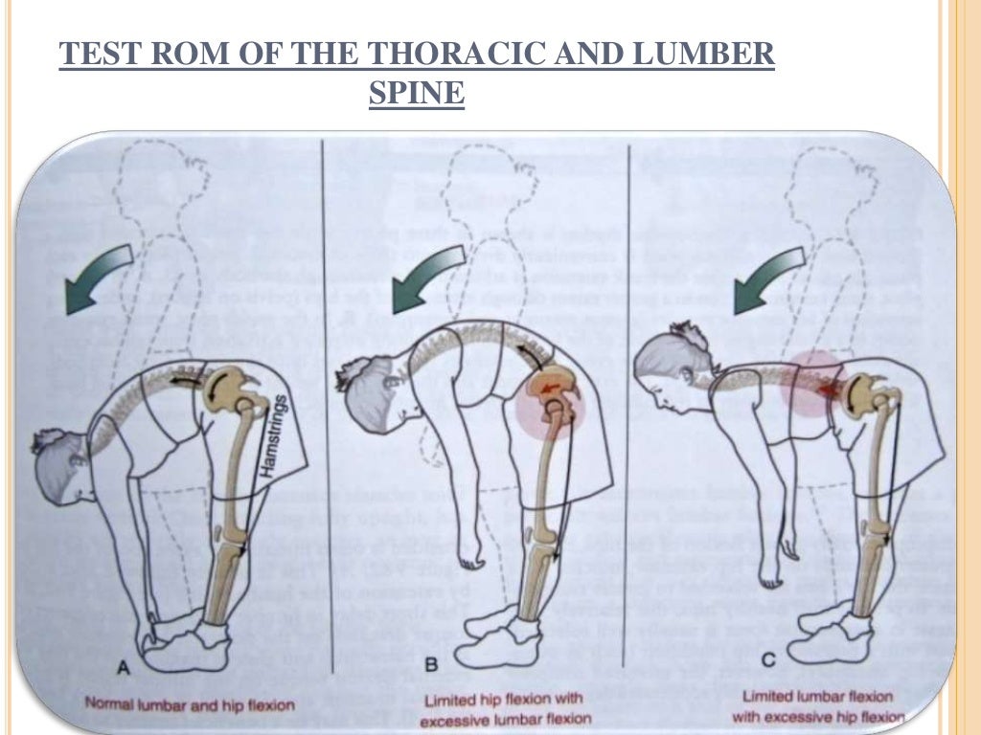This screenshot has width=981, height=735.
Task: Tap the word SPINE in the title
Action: pos(417,94)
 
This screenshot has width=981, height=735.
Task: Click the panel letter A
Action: pos(123,671)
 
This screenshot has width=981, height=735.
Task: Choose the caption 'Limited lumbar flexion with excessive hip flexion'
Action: pos(823,705)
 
